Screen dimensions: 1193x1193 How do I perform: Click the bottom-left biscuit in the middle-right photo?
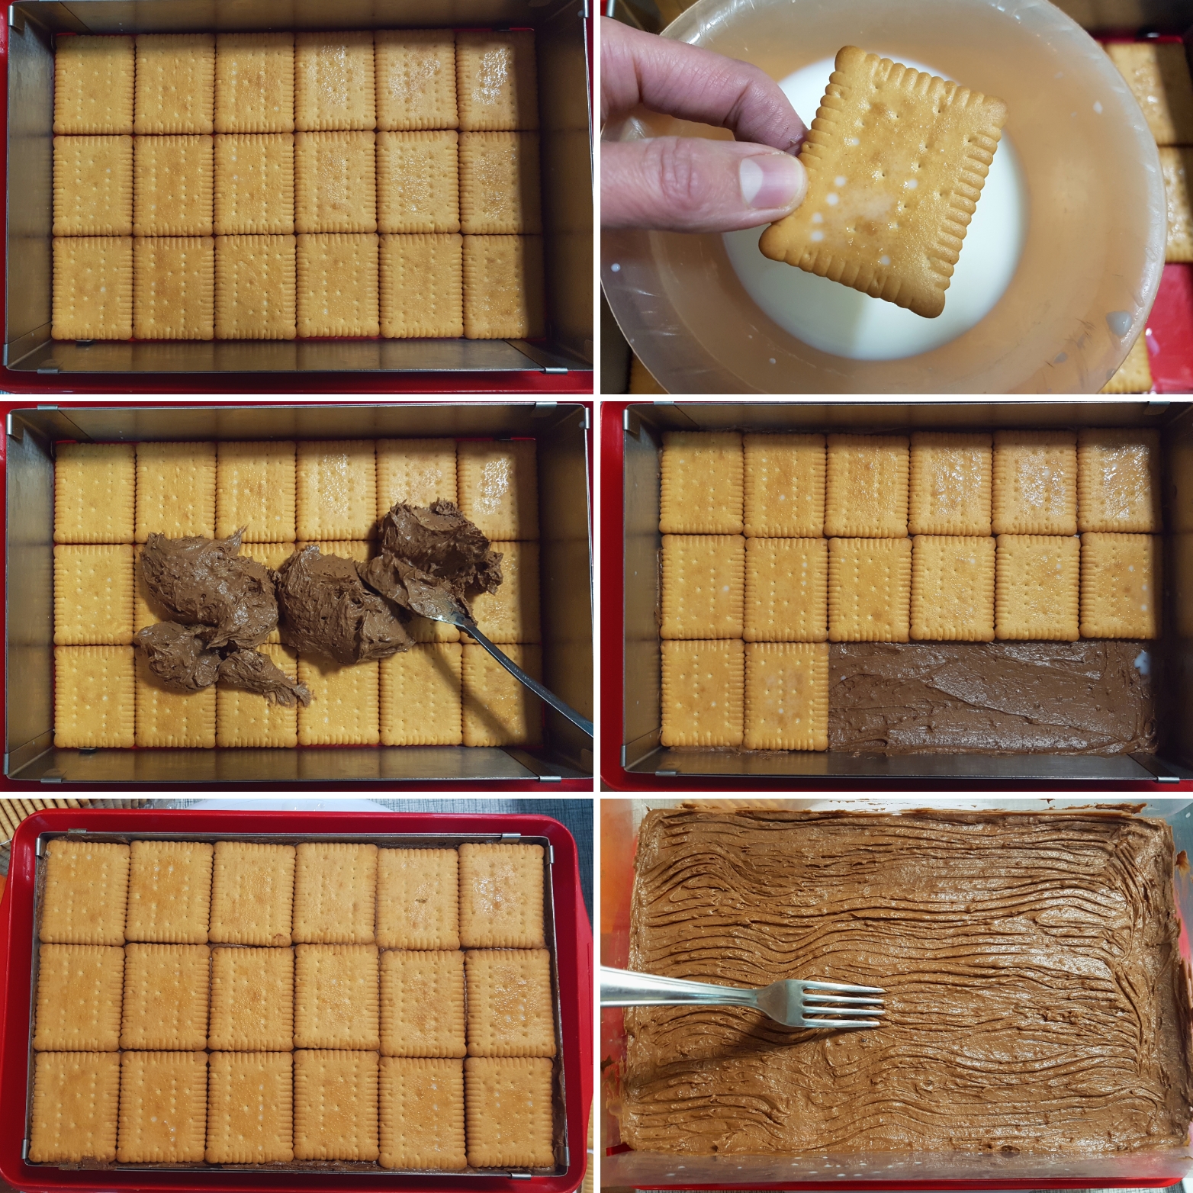[702, 693]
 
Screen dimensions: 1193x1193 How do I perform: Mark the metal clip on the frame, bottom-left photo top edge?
[77, 833]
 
